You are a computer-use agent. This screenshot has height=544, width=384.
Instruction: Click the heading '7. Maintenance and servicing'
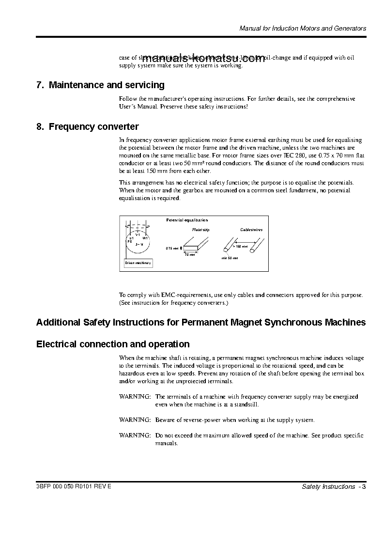pos(100,85)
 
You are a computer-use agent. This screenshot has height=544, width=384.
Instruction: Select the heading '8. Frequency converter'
pos(87,127)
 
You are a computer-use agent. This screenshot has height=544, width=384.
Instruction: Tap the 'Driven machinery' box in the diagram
pos(138,263)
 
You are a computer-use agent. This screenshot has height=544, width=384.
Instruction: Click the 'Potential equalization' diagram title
pos(187,220)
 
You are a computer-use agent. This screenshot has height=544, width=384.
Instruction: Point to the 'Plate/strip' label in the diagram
pos(201,230)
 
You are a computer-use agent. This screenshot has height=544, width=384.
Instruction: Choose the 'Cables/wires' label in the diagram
pos(251,230)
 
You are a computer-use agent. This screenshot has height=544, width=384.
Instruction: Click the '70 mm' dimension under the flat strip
pos(189,254)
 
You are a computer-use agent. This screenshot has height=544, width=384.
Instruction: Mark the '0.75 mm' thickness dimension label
pos(172,248)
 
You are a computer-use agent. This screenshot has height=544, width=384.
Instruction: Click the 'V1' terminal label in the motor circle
pos(138,235)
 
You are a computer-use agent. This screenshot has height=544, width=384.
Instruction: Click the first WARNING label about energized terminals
pos(135,397)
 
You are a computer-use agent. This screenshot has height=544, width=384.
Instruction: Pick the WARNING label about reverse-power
pos(135,420)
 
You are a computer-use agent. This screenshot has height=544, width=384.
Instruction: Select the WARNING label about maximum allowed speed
pos(135,436)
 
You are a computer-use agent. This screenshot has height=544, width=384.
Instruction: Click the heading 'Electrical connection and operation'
pos(113,344)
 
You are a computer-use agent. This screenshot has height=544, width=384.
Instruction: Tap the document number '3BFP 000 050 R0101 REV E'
pos(74,486)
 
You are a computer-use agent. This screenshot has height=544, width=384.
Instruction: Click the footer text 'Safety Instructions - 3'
pos(333,486)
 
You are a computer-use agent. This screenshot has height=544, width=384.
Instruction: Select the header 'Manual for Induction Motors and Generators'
pos(303,29)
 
